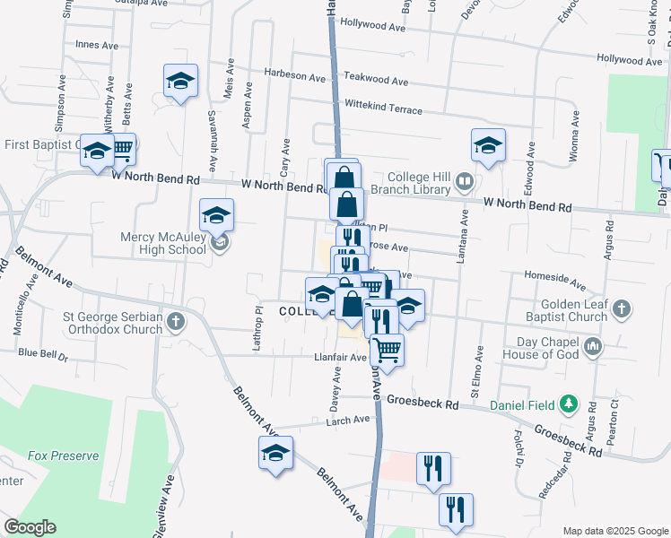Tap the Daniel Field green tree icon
pos(567,404)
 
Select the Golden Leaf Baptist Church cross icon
pos(622,309)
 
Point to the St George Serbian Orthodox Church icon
pos(177,320)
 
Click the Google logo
pos(30,526)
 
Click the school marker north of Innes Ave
pos(181,82)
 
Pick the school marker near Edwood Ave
pos(488,145)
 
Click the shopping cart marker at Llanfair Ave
pos(387,349)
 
